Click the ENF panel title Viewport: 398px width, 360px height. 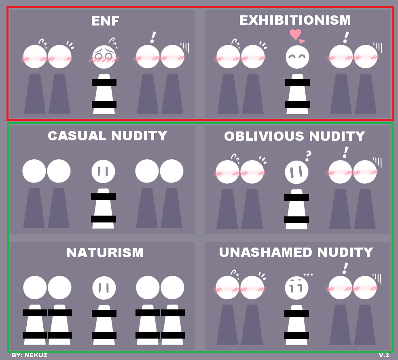click(x=105, y=21)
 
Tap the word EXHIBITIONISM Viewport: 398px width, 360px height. click(x=295, y=20)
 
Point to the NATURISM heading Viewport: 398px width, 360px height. click(x=105, y=253)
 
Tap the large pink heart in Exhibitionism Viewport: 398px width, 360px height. click(x=296, y=35)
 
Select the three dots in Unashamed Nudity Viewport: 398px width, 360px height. click(x=308, y=275)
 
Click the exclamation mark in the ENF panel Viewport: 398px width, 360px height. click(x=152, y=37)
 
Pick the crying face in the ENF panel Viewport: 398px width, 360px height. click(x=104, y=57)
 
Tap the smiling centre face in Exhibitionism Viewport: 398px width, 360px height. click(x=297, y=57)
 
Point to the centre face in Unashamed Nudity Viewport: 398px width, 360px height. click(x=296, y=288)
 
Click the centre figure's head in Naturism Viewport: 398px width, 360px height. click(x=104, y=288)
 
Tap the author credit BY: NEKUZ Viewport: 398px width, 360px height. click(x=30, y=355)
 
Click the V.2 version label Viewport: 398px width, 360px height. click(x=384, y=355)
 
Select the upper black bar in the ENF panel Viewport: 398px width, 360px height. click(x=104, y=82)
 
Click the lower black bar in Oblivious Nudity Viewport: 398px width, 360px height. click(x=296, y=220)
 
